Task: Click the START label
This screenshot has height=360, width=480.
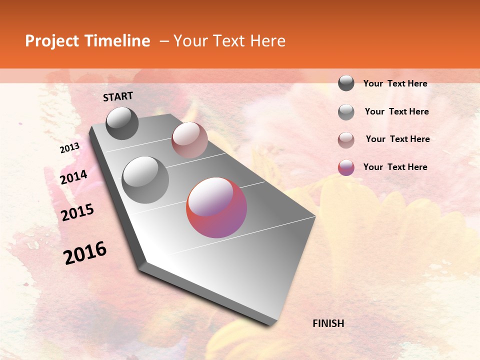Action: pos(118,96)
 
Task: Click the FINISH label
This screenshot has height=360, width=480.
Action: pos(328,323)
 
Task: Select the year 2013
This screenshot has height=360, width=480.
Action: pos(70,148)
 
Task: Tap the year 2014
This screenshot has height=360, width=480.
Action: pos(73,177)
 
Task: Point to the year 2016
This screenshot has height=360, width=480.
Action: pos(85,252)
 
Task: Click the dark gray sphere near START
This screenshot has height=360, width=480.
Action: pos(122,123)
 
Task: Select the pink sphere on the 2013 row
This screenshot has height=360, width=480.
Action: pos(189,140)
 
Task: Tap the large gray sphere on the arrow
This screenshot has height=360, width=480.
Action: pos(145,180)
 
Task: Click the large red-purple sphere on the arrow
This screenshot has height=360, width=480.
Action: pos(216,207)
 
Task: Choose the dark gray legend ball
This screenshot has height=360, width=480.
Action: pos(346,83)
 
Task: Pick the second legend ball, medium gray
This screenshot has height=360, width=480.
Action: pos(346,112)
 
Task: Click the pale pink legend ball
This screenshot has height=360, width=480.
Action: pos(346,139)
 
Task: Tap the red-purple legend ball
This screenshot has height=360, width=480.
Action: pos(346,167)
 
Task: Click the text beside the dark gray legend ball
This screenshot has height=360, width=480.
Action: pos(395,83)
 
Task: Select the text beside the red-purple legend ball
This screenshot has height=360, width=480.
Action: pos(395,167)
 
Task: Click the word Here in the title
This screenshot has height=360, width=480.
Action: pos(267,41)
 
